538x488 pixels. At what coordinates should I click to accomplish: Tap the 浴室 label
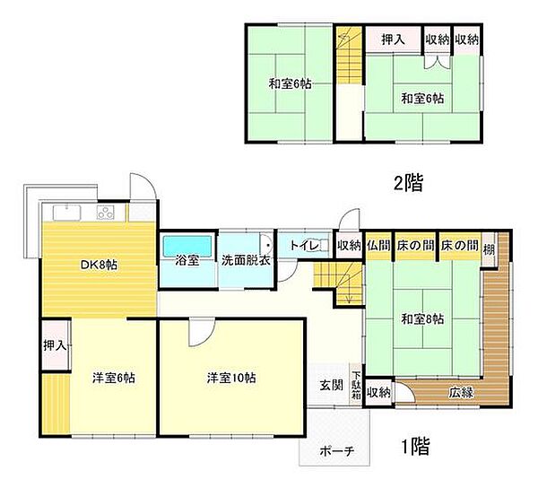pos(188,261)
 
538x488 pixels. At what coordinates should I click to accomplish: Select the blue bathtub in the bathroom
pos(187,244)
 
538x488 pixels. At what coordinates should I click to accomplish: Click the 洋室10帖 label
pos(231,378)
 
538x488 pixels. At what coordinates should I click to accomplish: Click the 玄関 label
pos(331,386)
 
